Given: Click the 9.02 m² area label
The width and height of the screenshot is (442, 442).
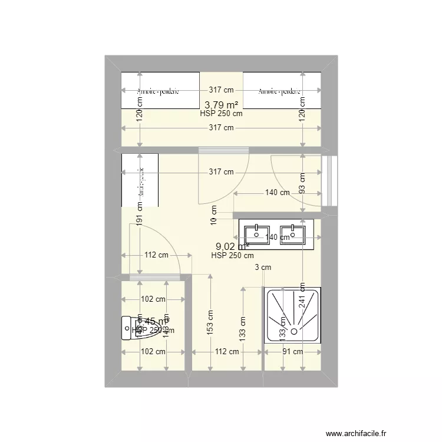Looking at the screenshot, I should [232, 246].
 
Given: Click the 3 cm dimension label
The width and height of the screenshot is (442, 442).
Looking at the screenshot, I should [263, 268].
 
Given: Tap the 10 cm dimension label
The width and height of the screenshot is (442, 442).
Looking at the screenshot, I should [214, 215].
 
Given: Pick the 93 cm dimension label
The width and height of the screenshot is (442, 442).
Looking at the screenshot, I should [302, 183].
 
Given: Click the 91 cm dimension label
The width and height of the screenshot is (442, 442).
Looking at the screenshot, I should [293, 352].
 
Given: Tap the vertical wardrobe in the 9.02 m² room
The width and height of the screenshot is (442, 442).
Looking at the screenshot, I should [140, 180].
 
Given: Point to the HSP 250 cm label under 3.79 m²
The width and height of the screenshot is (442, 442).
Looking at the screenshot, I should [221, 114].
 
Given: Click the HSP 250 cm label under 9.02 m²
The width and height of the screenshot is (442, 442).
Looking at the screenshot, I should [232, 256].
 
